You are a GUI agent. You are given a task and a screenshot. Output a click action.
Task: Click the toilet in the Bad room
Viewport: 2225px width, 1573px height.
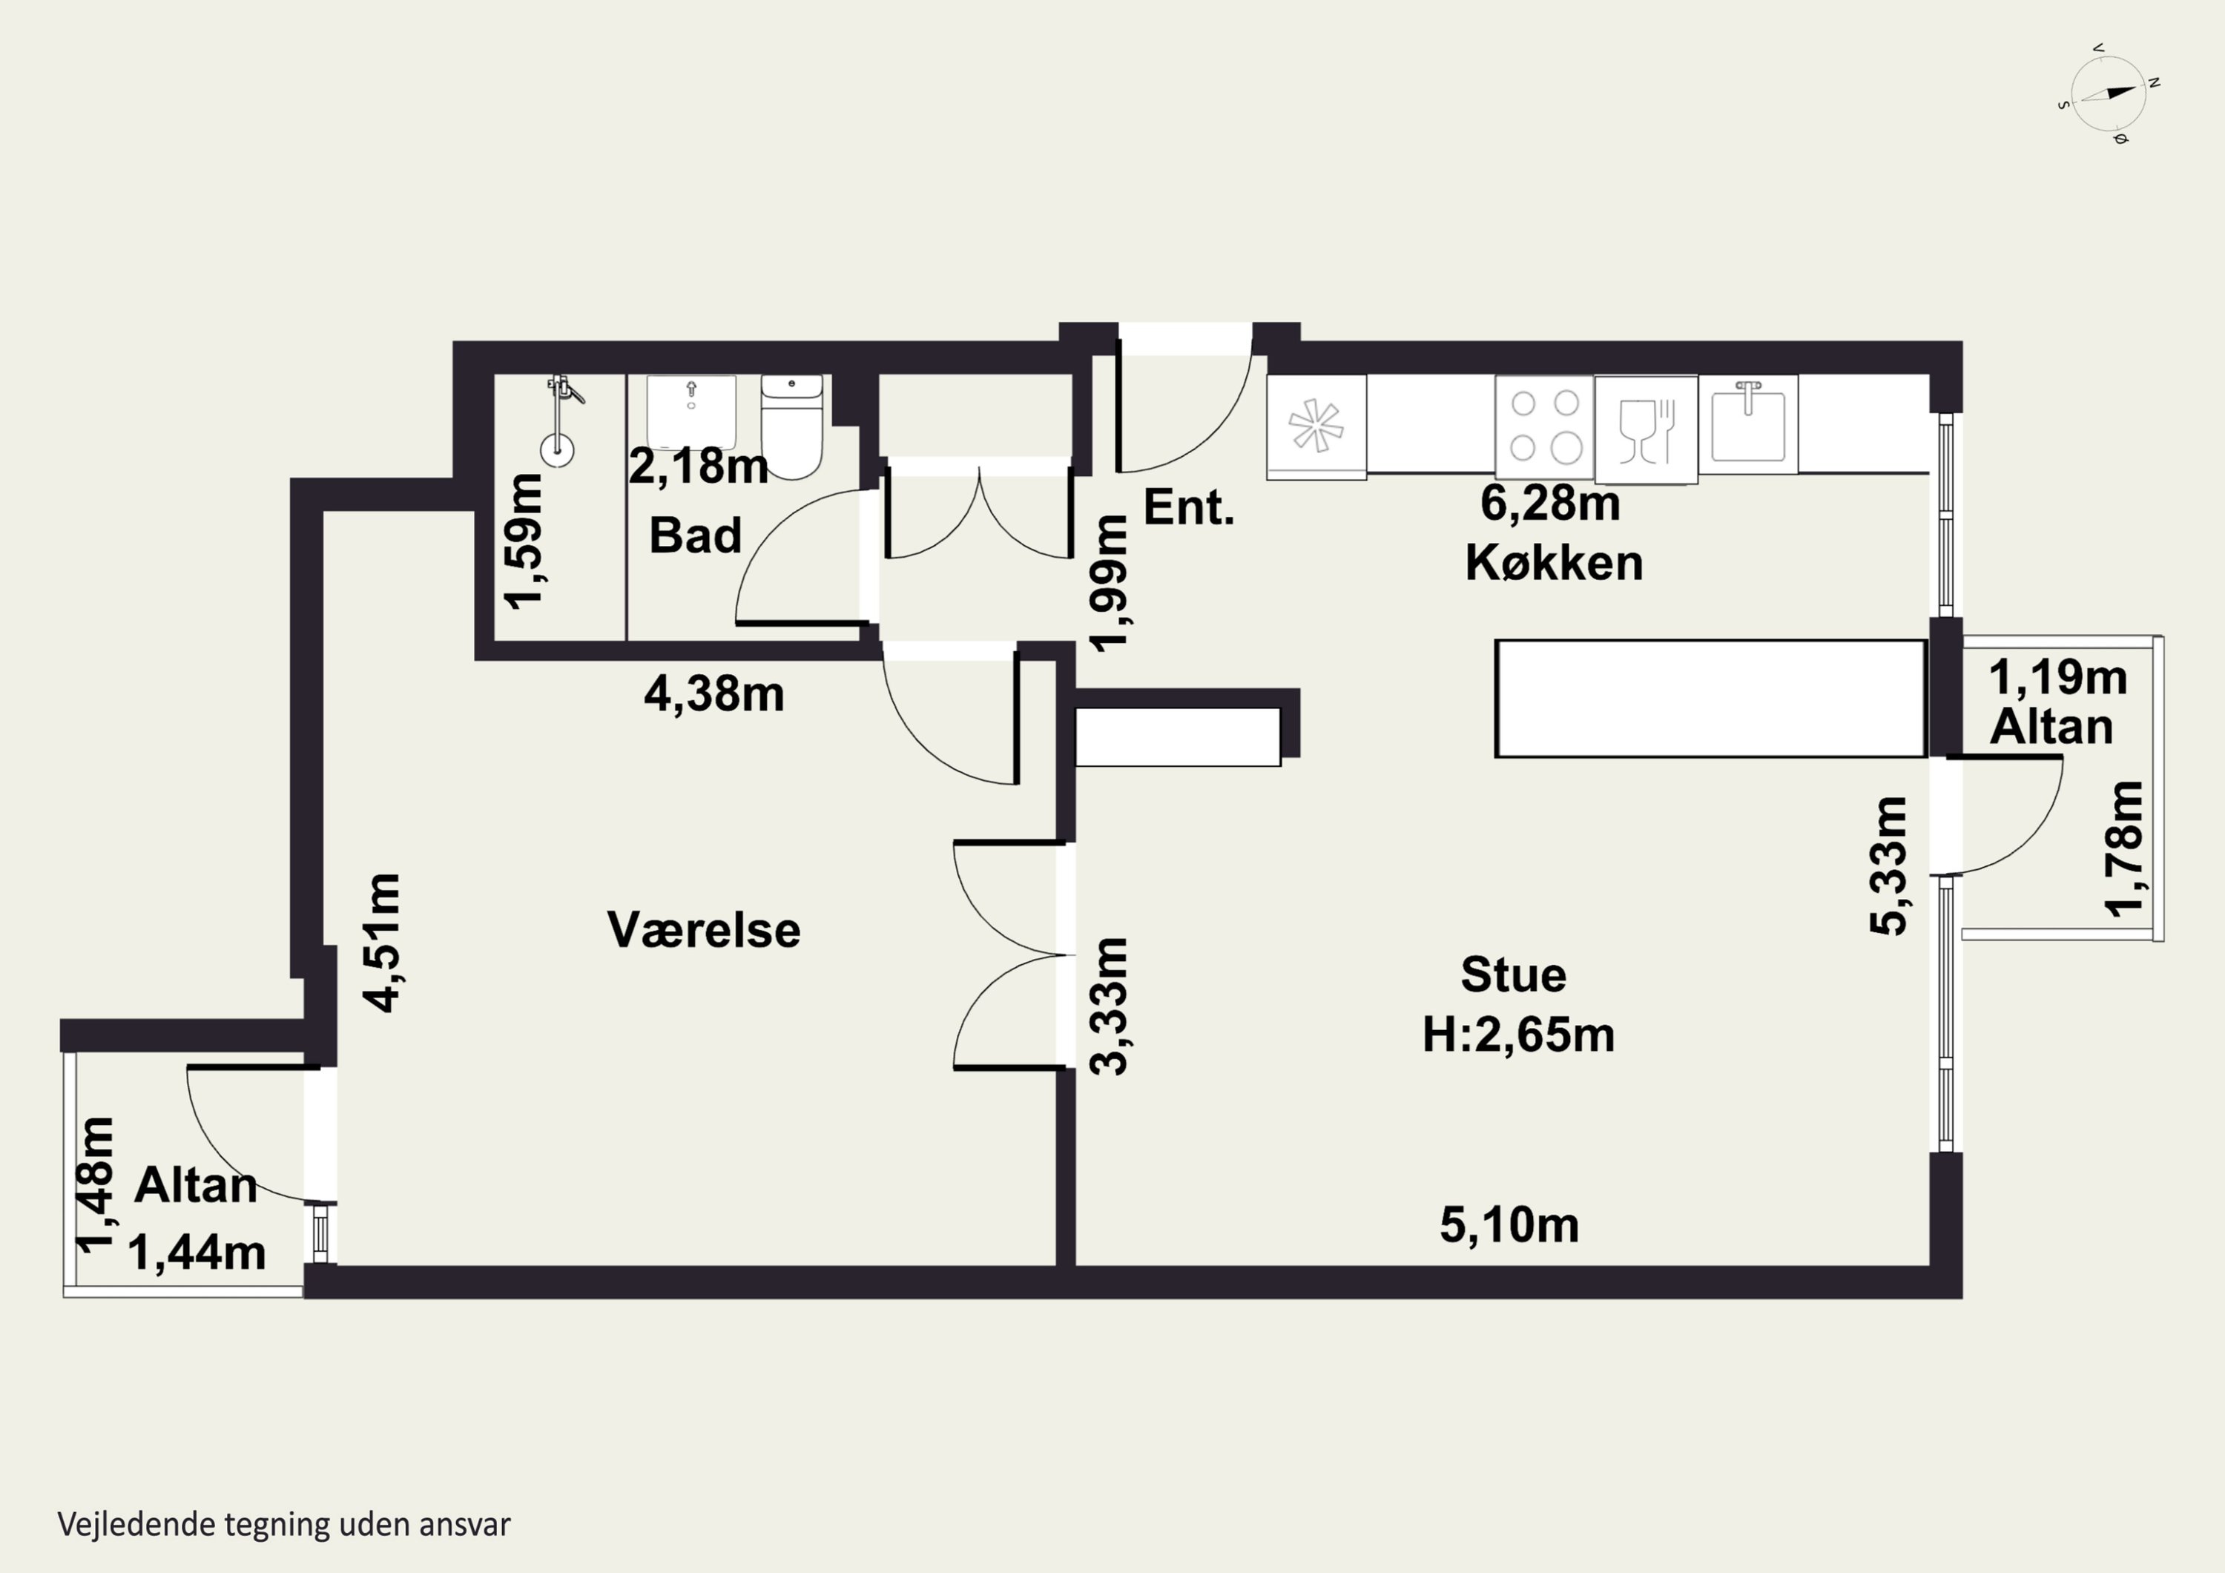tap(792, 426)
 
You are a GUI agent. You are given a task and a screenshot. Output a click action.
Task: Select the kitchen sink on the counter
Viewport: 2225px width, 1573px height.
tap(1748, 424)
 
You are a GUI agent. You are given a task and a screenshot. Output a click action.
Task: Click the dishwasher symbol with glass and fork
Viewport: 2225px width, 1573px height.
tap(1646, 430)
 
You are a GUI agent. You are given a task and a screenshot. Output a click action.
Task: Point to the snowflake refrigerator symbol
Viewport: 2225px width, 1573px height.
tap(1316, 427)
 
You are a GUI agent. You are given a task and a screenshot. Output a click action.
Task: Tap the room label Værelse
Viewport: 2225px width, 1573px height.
tap(704, 931)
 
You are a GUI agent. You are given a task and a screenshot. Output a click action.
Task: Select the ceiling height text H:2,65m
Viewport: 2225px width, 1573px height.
tap(1517, 1036)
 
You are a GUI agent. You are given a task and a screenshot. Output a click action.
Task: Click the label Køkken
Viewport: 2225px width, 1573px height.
tap(1554, 562)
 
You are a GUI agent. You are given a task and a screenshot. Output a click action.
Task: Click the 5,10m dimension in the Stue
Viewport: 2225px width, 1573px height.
tap(1509, 1226)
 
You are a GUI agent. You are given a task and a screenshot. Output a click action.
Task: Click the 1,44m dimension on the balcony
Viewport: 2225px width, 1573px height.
tap(197, 1253)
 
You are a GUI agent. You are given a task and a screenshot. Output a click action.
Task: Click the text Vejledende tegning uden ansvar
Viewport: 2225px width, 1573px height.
tap(284, 1523)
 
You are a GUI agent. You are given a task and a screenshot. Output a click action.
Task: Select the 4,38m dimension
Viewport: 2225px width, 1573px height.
tap(714, 695)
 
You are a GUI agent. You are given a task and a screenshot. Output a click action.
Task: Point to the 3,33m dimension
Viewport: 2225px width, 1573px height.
tap(1110, 1007)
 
